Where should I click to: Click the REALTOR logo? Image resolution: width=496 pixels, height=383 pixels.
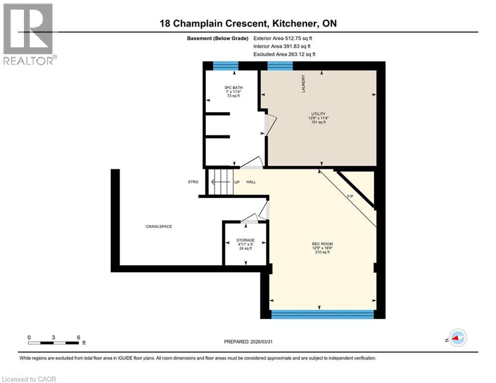(29, 34)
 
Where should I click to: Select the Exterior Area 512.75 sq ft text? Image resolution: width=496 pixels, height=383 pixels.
(283, 38)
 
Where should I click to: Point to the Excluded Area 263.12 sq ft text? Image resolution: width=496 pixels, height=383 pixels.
(284, 54)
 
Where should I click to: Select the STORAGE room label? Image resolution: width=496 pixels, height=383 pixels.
(245, 240)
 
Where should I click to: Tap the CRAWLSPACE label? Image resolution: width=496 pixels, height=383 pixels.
(159, 226)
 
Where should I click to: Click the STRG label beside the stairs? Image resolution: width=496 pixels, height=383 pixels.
(193, 182)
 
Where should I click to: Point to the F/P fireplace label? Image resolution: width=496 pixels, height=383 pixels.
(350, 196)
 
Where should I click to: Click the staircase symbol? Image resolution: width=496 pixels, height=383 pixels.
(219, 182)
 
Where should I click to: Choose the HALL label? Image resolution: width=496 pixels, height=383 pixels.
(251, 182)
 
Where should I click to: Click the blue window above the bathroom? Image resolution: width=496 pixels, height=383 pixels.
(225, 65)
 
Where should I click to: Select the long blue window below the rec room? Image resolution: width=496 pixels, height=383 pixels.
(322, 314)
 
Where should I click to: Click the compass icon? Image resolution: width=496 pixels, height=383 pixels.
(458, 338)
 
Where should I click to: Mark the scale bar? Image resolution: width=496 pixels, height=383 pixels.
(54, 343)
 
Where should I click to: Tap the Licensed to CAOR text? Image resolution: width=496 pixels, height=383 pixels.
(29, 379)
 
